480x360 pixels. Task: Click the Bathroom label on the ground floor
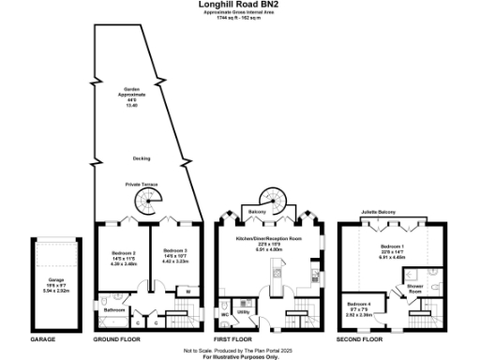tap(115, 308)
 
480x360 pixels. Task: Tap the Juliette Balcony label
tap(378, 213)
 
